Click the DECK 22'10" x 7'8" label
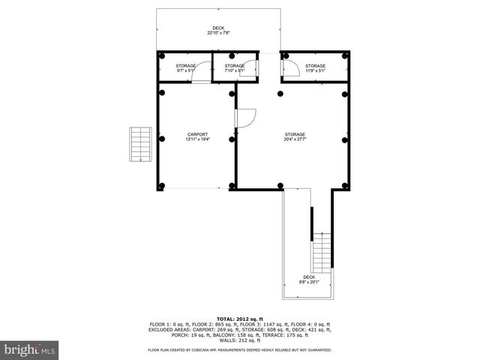[217, 31]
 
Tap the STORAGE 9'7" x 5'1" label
[186, 68]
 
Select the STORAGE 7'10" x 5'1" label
[235, 68]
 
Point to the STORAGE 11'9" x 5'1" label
[315, 68]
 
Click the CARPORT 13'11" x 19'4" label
[196, 136]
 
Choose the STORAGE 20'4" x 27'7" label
[294, 136]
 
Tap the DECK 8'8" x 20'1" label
[309, 280]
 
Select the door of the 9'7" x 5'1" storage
[200, 74]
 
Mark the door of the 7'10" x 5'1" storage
[253, 69]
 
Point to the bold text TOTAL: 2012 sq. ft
[239, 319]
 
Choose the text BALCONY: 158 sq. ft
[226, 334]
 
